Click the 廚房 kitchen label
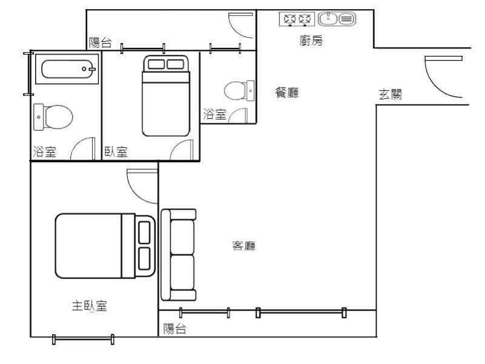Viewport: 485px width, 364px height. click(x=311, y=41)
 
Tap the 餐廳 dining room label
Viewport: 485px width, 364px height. click(x=287, y=93)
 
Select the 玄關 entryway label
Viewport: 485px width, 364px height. click(x=390, y=94)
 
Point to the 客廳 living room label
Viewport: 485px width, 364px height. click(x=244, y=246)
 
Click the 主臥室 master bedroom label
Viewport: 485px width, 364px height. click(x=89, y=306)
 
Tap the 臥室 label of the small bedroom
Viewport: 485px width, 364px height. click(x=116, y=152)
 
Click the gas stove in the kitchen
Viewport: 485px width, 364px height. click(x=297, y=19)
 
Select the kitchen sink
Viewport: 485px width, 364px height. click(x=337, y=19)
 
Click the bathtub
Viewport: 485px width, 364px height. click(x=67, y=69)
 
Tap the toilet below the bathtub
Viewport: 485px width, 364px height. click(x=53, y=117)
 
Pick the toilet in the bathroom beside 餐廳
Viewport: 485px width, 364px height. click(x=239, y=90)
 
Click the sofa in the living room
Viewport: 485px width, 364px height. click(x=178, y=255)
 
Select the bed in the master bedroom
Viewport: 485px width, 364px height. click(x=105, y=246)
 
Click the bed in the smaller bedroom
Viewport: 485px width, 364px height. click(x=166, y=96)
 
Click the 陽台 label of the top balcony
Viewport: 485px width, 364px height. click(x=100, y=42)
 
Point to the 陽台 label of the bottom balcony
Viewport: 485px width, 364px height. click(x=175, y=329)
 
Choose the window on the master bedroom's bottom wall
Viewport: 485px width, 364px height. click(x=83, y=339)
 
